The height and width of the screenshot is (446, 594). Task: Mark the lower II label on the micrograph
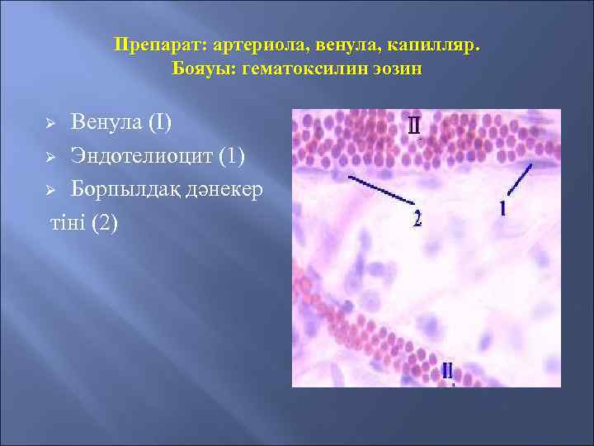(x=446, y=370)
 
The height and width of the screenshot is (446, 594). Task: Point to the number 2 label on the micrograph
(x=417, y=219)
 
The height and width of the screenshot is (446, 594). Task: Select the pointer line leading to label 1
(x=517, y=179)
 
